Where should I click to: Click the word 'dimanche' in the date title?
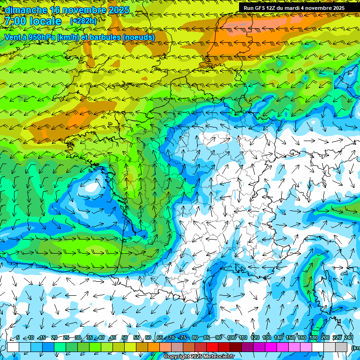click(26, 10)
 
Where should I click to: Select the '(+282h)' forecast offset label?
click(83, 21)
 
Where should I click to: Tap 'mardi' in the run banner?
click(300, 7)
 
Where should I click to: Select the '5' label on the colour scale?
click(18, 338)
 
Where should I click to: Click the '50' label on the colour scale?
click(125, 338)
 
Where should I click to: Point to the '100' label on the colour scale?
click(231, 338)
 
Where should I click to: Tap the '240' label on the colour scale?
click(349, 338)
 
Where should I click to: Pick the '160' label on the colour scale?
click(302, 338)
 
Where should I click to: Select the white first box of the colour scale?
click(13, 347)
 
